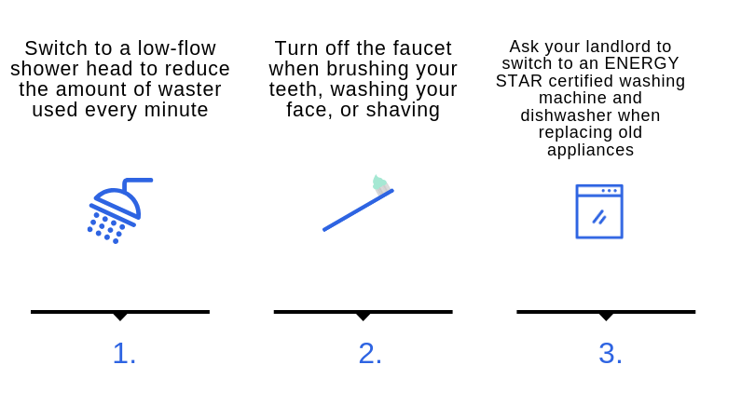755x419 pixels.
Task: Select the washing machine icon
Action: point(599,211)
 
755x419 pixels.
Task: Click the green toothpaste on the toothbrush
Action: point(380,183)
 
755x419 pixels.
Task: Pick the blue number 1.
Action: point(124,354)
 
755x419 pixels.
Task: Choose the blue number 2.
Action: point(370,354)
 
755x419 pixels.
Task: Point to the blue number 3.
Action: point(611,354)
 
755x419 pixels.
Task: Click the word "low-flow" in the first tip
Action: point(177,48)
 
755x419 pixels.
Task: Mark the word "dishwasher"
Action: point(566,115)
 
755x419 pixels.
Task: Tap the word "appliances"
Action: point(590,151)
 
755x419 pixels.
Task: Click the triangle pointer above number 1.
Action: point(120,316)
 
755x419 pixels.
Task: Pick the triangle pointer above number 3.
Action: point(606,316)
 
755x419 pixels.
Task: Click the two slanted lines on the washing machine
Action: point(599,218)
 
